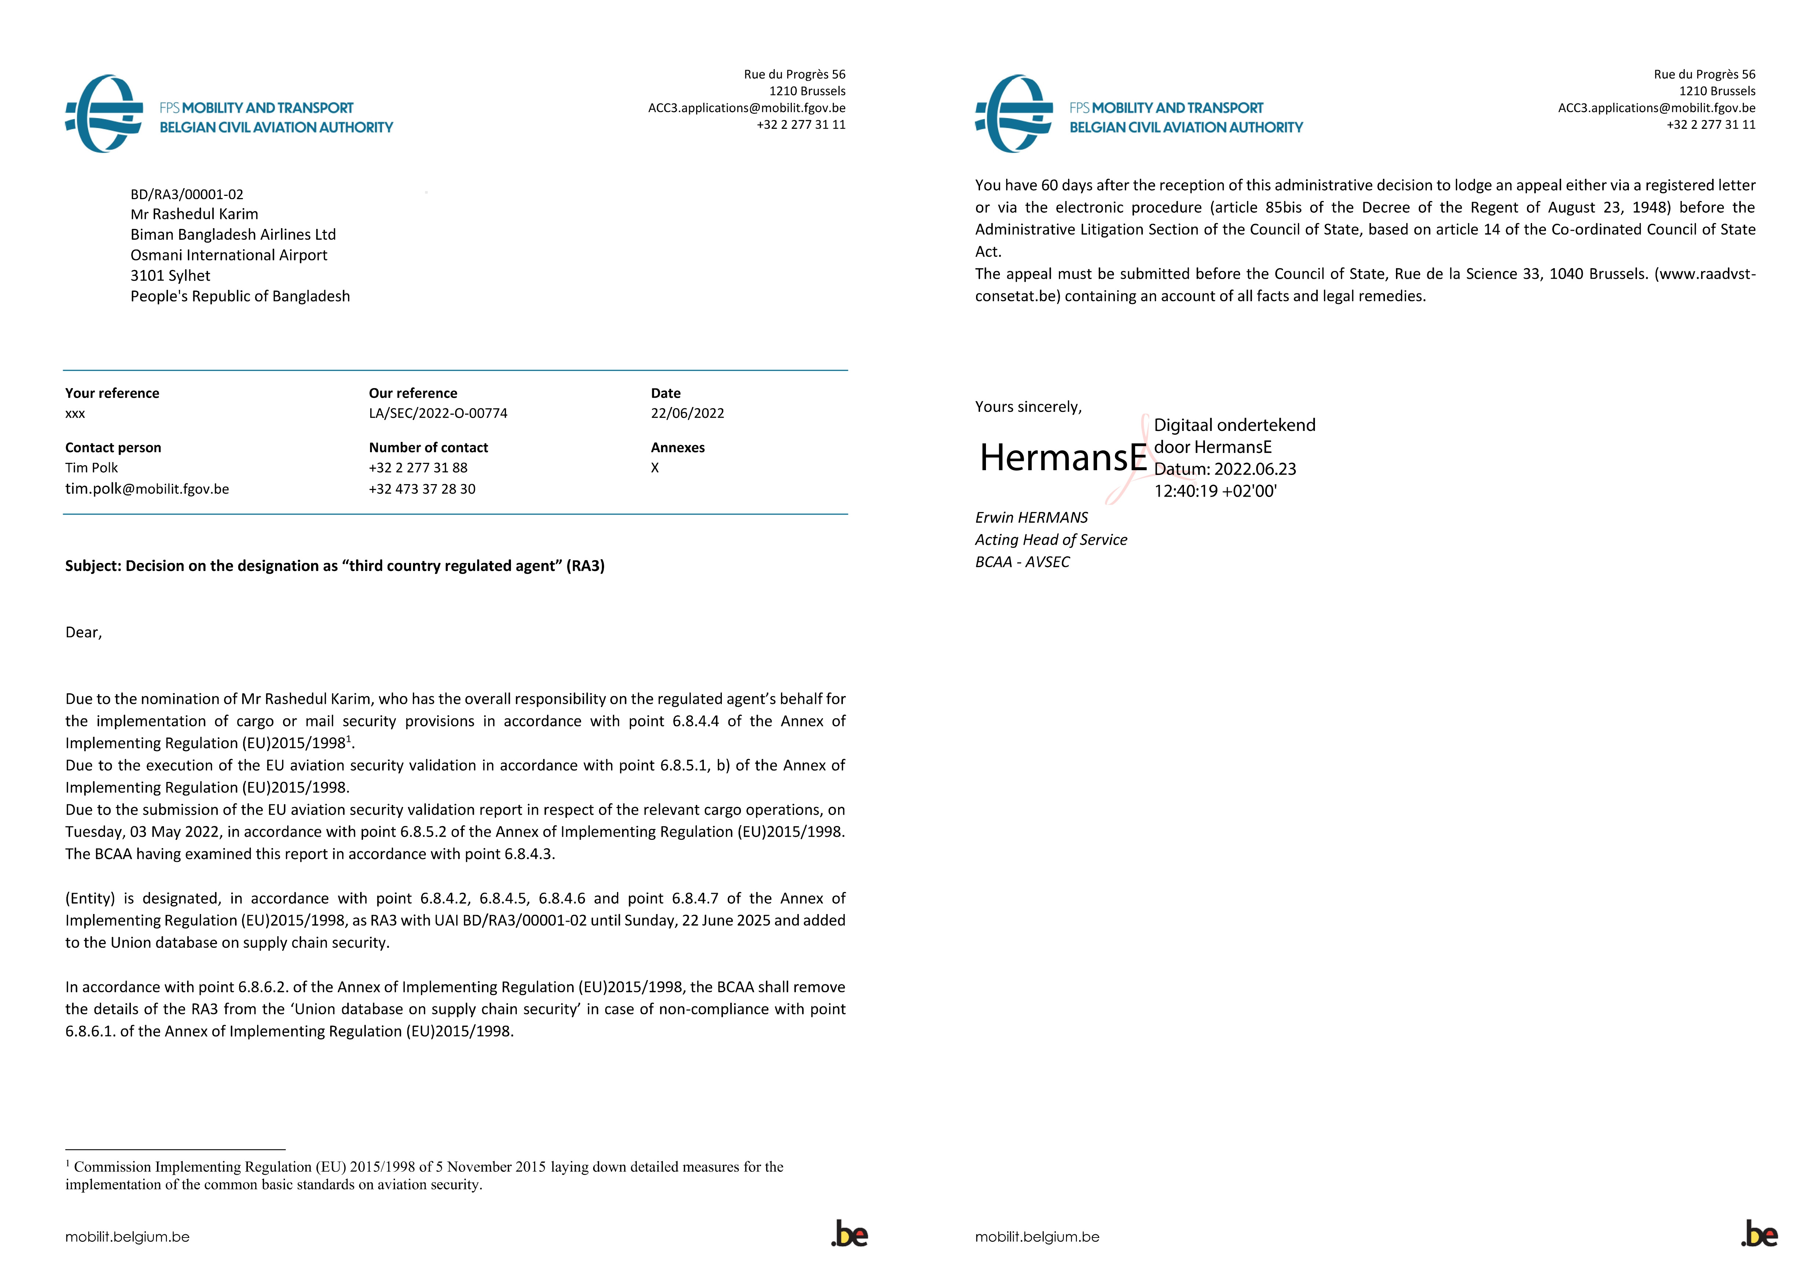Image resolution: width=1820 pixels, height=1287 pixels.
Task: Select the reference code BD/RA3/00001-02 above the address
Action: (187, 194)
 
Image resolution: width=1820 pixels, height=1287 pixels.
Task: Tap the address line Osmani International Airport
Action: (229, 255)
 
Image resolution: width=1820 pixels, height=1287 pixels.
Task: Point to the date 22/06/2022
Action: (687, 413)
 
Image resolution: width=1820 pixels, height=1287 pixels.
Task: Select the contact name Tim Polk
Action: (91, 468)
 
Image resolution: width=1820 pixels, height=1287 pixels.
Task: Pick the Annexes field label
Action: (678, 448)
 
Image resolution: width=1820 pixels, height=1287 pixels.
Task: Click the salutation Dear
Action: (83, 632)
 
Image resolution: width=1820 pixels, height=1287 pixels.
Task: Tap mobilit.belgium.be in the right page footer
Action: (1037, 1237)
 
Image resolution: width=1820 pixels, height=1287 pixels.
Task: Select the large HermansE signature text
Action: (1063, 457)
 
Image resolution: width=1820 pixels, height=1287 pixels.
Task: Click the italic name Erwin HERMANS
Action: (1031, 518)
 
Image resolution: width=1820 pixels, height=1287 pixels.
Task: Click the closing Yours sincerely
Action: (1028, 406)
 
